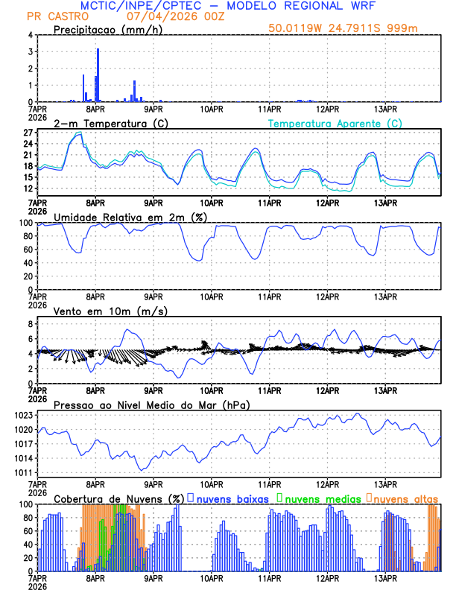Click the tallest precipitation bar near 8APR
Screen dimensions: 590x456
point(98,74)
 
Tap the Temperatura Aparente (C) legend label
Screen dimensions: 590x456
point(335,123)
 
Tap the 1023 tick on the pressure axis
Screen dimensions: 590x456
point(22,416)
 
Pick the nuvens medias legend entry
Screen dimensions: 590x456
point(318,498)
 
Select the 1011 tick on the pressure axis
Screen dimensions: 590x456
point(22,473)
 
